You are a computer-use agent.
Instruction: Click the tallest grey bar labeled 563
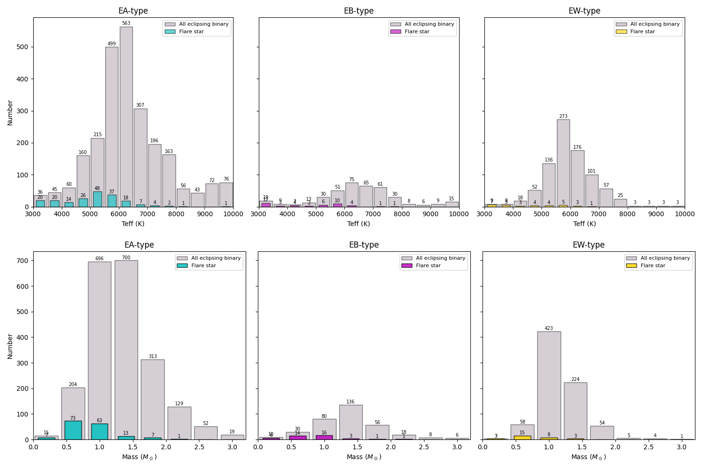pyautogui.click(x=126, y=117)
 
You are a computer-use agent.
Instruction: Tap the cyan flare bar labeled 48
pyautogui.click(x=97, y=199)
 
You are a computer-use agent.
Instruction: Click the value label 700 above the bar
pyautogui.click(x=126, y=258)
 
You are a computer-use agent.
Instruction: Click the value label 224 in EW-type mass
pyautogui.click(x=575, y=380)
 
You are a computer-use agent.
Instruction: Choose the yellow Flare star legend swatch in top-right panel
pyautogui.click(x=622, y=32)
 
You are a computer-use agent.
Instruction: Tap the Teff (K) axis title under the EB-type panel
pyautogui.click(x=358, y=224)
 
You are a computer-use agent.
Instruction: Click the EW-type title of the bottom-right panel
pyautogui.click(x=588, y=245)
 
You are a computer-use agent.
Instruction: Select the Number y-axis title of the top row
pyautogui.click(x=10, y=112)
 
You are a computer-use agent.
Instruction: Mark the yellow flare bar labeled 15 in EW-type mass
pyautogui.click(x=522, y=438)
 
